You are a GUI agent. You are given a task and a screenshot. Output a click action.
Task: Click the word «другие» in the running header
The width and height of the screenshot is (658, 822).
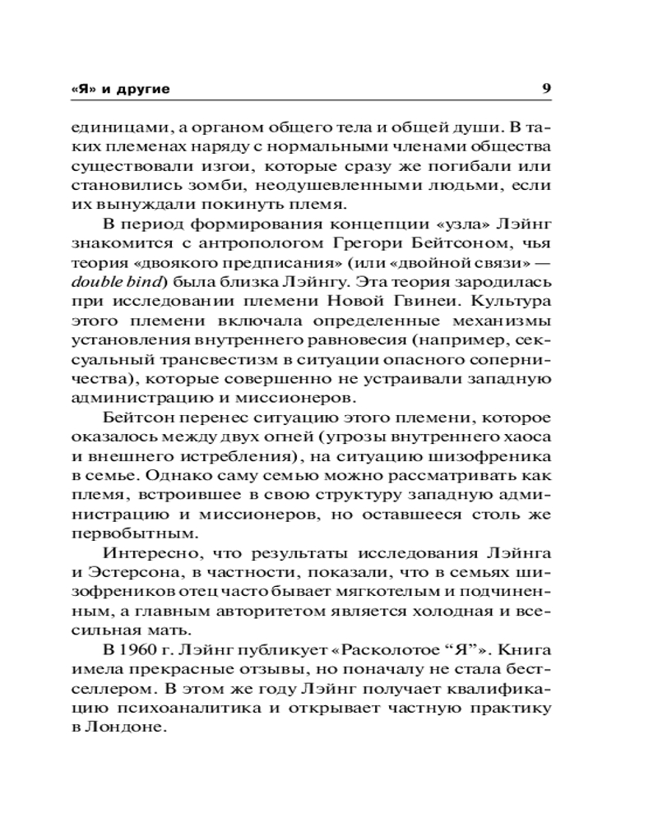[147, 88]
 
